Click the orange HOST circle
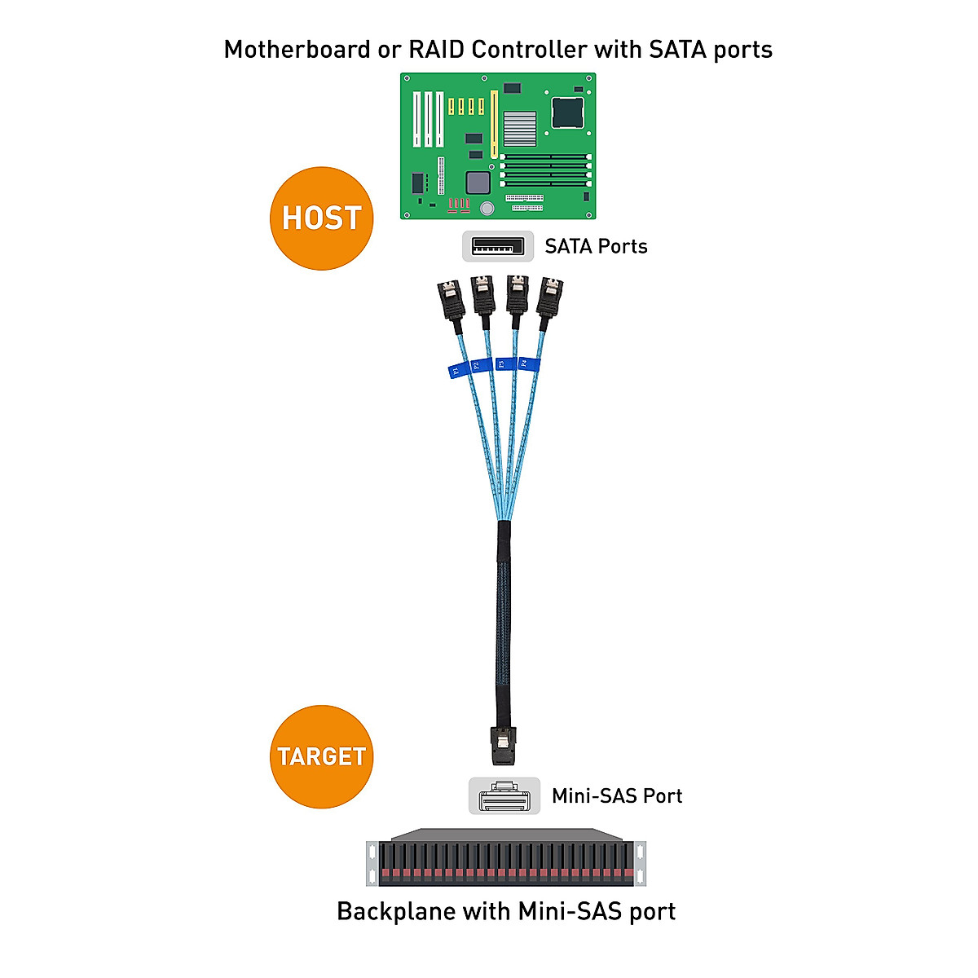click(x=321, y=218)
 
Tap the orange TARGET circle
click(x=321, y=756)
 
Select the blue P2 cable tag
click(x=477, y=365)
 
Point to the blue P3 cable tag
click(x=501, y=363)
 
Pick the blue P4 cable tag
click(x=526, y=363)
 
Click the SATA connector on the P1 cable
click(x=451, y=302)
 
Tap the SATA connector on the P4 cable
click(x=549, y=297)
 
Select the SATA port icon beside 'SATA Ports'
click(x=498, y=246)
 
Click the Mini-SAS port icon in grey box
click(x=504, y=796)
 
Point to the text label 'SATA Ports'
click(x=596, y=246)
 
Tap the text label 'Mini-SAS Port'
click(x=617, y=796)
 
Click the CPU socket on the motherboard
click(x=567, y=112)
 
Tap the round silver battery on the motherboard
click(x=487, y=209)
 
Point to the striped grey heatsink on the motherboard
click(x=519, y=129)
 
